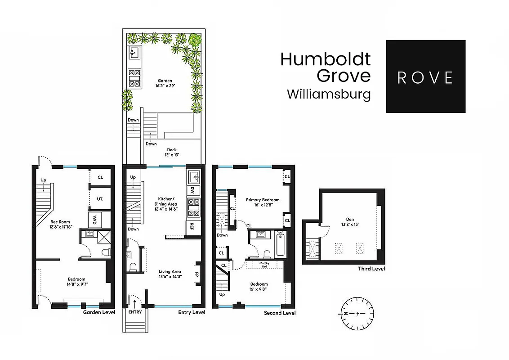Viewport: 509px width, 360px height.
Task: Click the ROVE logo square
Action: coord(425,76)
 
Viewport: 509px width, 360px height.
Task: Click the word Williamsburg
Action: coord(329,94)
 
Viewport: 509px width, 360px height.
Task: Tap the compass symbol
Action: coord(357,313)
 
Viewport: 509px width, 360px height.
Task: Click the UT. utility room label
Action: coord(100,198)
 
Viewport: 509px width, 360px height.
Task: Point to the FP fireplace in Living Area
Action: coord(196,273)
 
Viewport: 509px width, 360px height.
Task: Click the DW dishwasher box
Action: coord(192,190)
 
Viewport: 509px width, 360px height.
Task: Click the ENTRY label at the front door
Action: coord(134,312)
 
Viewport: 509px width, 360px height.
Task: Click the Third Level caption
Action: coord(371,269)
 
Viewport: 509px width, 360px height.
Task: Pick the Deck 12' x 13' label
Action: coord(172,152)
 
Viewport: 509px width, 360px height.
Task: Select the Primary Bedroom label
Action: coord(263,202)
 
